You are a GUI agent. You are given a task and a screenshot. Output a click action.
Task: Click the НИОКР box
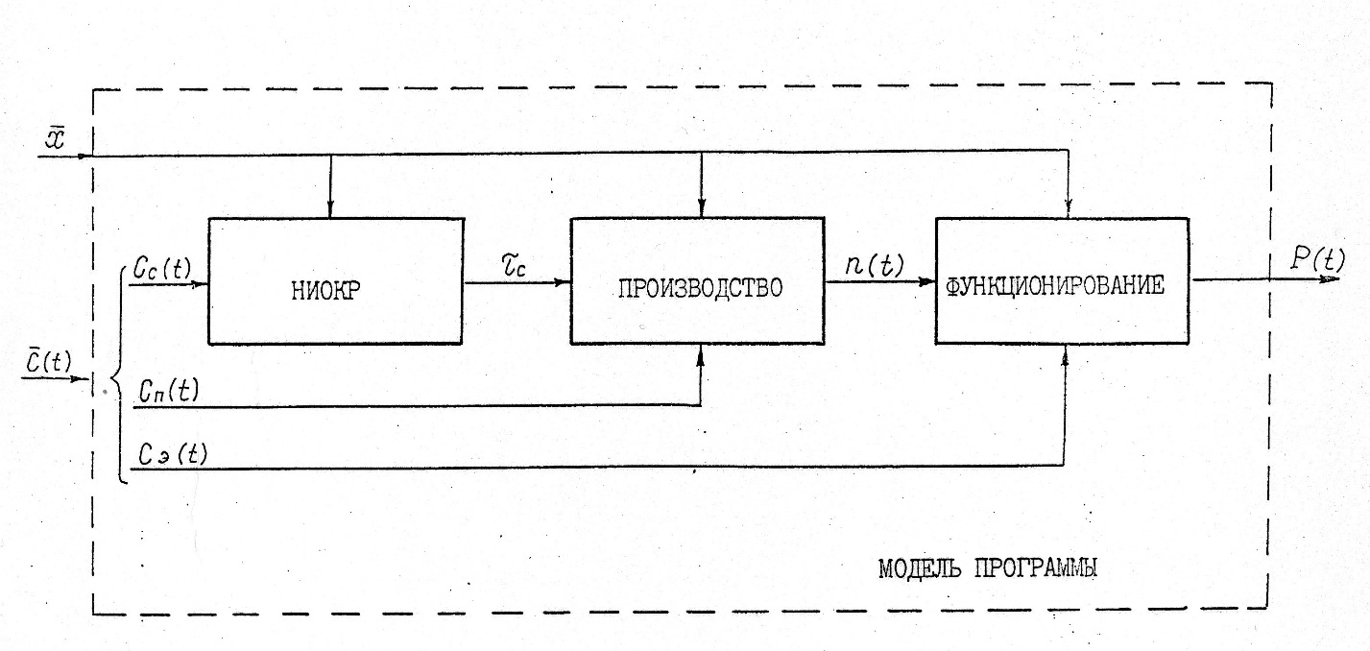335,280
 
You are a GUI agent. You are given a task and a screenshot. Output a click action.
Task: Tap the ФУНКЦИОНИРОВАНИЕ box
1064,280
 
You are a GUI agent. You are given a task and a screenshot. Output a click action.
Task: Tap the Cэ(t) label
172,453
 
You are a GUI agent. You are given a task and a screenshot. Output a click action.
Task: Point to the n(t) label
874,265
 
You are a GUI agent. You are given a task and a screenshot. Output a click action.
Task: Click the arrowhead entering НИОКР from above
329,211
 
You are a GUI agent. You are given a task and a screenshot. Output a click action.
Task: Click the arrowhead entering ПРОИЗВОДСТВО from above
702,211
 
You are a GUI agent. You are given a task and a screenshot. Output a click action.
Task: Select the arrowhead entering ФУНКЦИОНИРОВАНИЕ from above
1068,211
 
